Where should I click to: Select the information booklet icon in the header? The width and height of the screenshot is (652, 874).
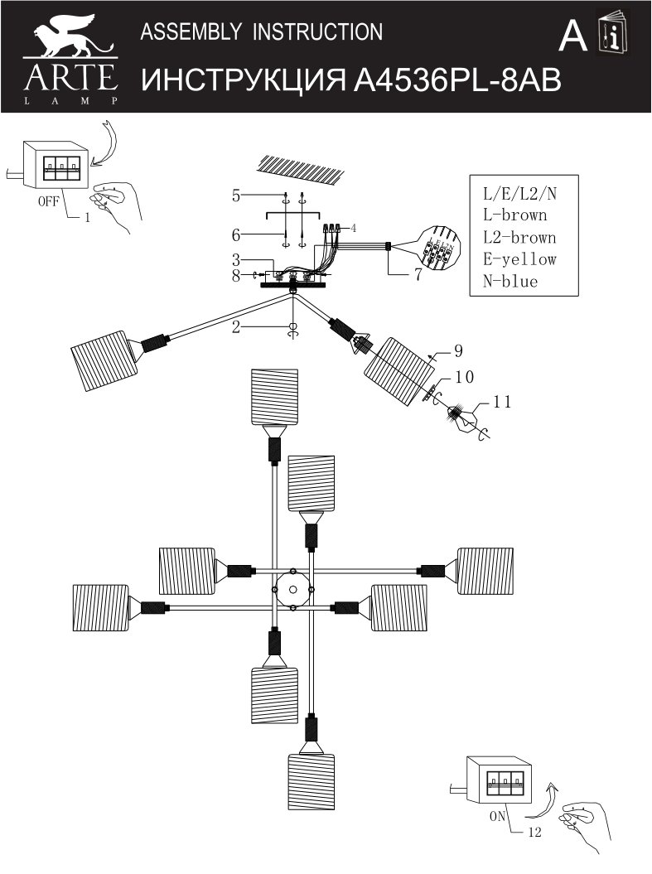tap(614, 34)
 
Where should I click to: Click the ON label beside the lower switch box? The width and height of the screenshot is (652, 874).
tap(497, 815)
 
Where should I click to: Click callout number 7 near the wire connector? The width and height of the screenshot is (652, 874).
tap(418, 275)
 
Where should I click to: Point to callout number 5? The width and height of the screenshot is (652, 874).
tap(236, 196)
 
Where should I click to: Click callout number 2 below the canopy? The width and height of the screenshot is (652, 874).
tap(236, 327)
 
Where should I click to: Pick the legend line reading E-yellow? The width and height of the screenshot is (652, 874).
tap(519, 259)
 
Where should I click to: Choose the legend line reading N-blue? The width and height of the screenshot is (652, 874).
tap(510, 282)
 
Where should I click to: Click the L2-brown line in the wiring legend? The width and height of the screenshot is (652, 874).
tap(519, 238)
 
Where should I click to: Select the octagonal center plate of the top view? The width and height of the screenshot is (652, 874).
tap(291, 590)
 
